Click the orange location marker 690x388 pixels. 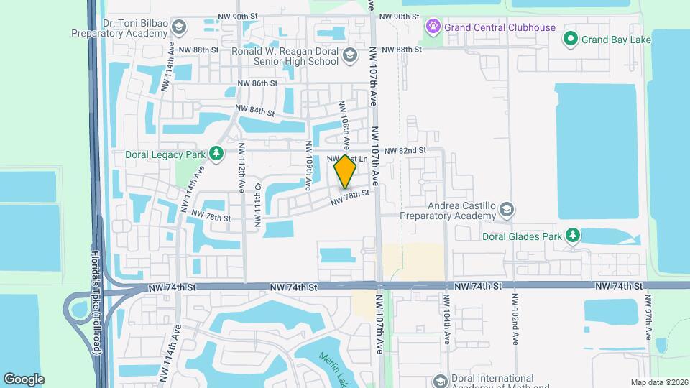346,171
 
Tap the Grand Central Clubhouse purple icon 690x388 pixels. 433,27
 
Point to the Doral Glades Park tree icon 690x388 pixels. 572,236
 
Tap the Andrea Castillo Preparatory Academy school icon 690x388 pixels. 507,209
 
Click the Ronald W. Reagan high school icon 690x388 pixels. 349,55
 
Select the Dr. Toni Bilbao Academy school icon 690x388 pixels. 178,27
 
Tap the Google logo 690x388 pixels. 24,379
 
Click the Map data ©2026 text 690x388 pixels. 659,382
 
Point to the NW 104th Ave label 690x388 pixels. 446,317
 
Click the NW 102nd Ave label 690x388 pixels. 515,317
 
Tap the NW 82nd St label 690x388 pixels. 405,151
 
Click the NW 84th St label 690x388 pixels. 255,111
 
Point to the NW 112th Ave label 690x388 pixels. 242,174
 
